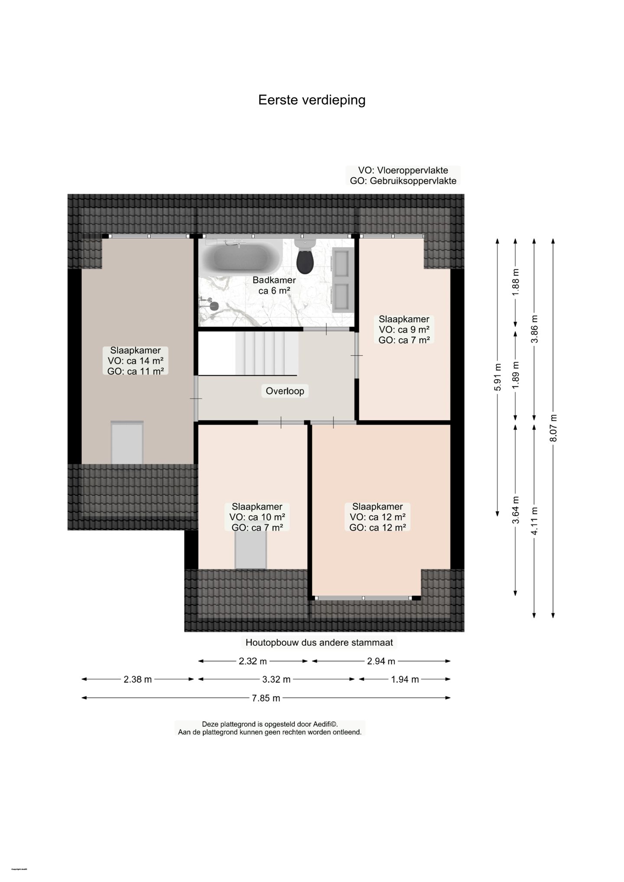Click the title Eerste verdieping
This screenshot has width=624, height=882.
(x=312, y=100)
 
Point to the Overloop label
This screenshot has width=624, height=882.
(x=285, y=391)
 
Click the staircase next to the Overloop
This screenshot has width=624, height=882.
(x=266, y=353)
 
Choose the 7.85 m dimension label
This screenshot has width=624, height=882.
(x=266, y=698)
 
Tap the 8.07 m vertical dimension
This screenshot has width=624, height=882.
(x=553, y=428)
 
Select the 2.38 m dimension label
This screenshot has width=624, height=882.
(x=138, y=680)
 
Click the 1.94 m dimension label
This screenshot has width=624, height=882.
(x=405, y=680)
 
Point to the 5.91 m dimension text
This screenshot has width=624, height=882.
(x=497, y=377)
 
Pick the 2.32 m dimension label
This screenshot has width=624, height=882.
(x=253, y=661)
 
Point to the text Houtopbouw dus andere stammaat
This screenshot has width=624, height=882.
(x=319, y=643)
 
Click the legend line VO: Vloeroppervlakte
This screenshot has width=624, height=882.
(x=403, y=170)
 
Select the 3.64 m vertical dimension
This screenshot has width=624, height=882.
(x=516, y=510)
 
